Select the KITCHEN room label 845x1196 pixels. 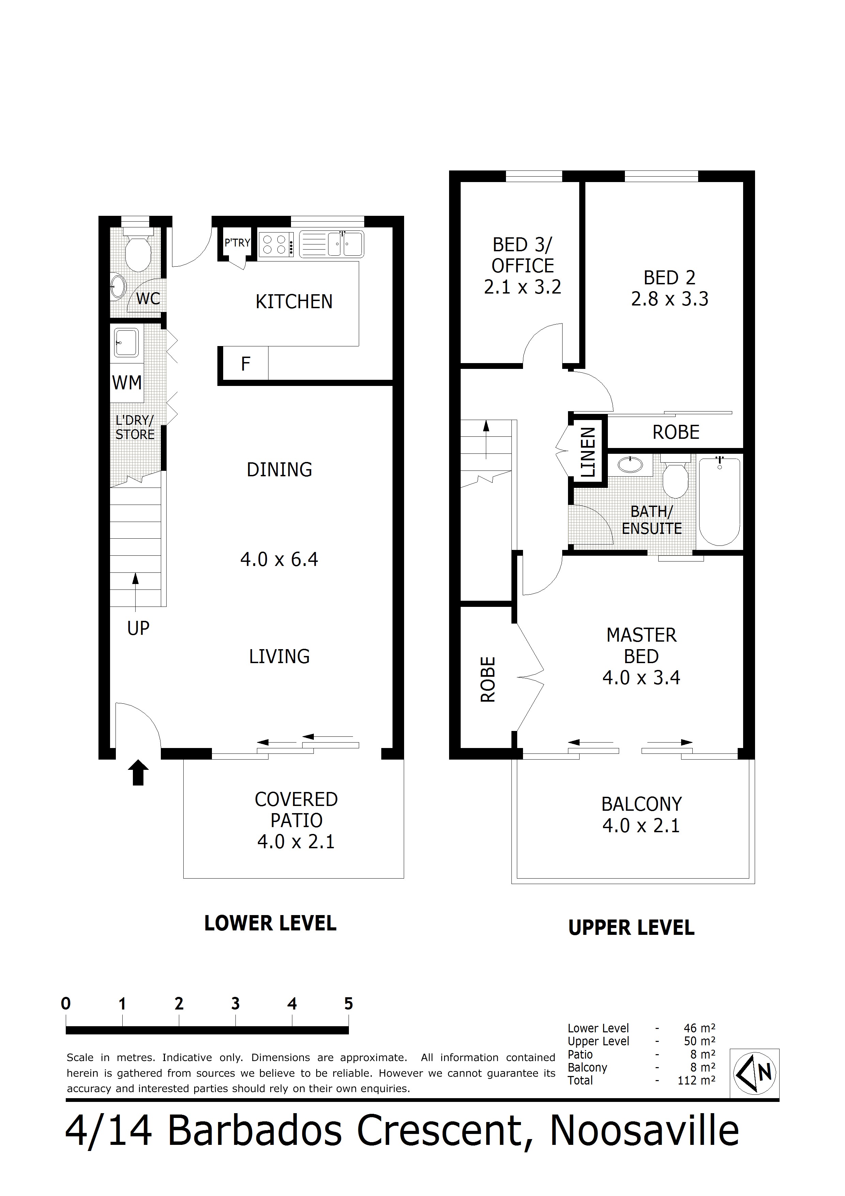pos(294,302)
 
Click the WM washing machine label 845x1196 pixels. pos(127,383)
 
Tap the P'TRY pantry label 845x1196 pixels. pos(237,243)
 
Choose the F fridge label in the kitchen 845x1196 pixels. pos(246,363)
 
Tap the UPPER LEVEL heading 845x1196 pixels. pos(632,928)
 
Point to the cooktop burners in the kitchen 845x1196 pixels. pos(275,245)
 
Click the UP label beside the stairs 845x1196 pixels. pos(138,629)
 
